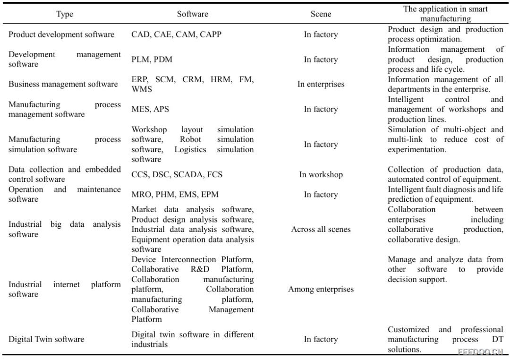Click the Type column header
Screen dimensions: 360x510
tap(65, 14)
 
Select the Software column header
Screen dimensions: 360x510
tap(192, 14)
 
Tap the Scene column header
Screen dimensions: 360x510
tap(321, 14)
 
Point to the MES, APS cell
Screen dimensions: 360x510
tap(150, 109)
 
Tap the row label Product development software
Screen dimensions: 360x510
tap(61, 34)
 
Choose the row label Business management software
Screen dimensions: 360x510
tap(63, 84)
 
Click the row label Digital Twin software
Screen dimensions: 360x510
tap(46, 339)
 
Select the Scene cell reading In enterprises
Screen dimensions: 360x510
tap(321, 84)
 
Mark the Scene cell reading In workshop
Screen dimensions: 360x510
tap(321, 174)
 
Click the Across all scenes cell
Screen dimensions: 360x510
tap(321, 229)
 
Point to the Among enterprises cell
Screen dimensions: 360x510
tap(321, 289)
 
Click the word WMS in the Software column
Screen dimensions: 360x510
tap(142, 89)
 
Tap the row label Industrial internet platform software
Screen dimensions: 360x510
tap(64, 289)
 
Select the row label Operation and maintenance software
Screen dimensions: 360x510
tap(64, 194)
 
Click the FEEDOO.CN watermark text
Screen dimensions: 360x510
tap(480, 351)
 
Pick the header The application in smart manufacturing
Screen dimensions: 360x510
tap(445, 14)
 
